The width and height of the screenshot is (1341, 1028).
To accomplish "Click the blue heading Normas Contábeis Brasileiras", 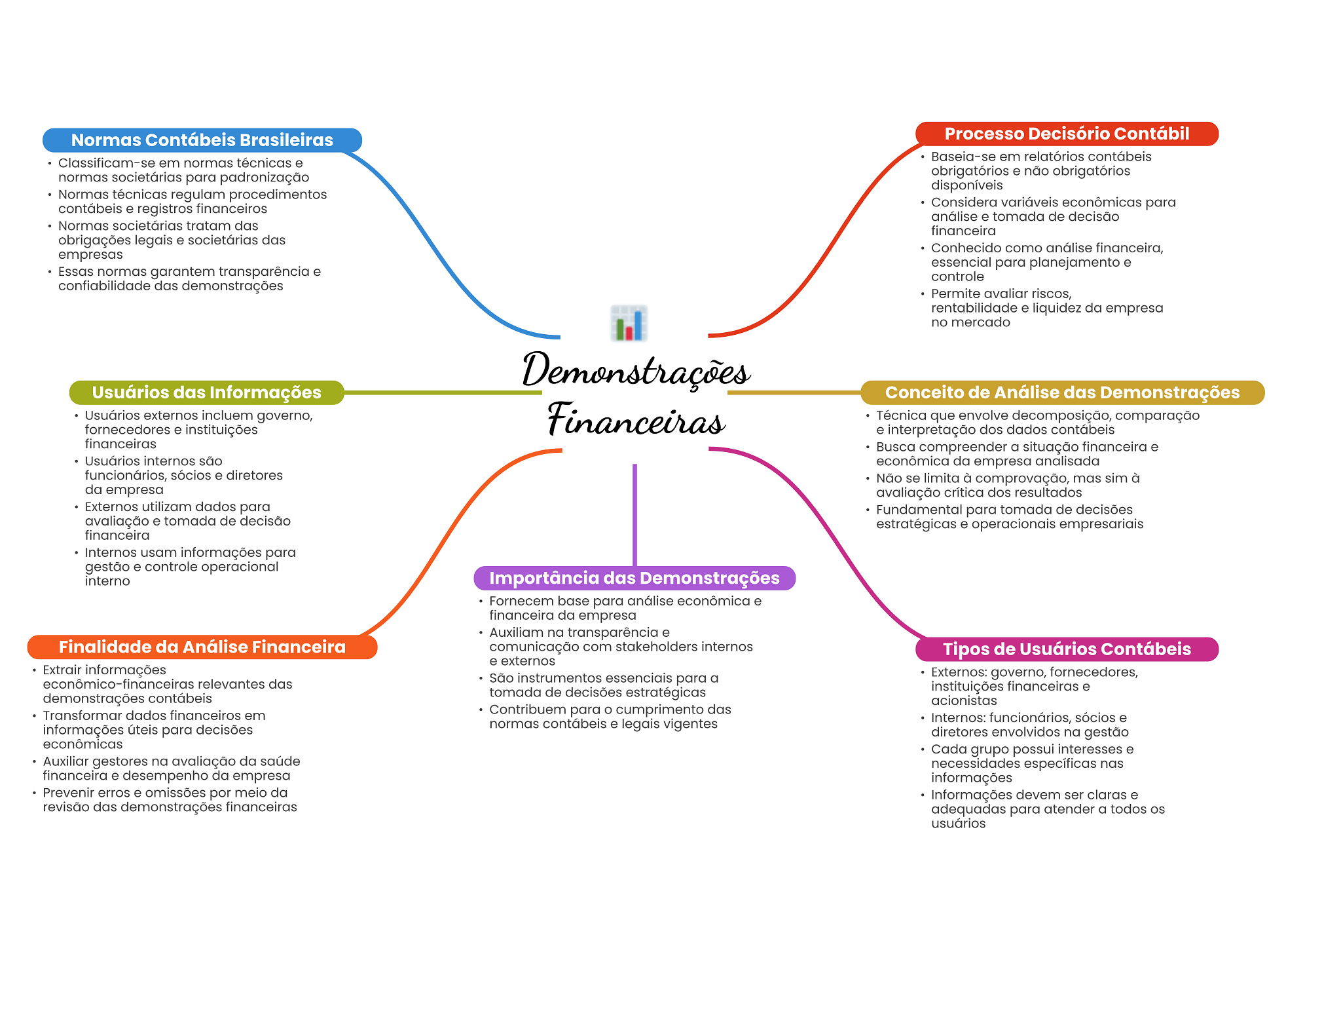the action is pos(202,140).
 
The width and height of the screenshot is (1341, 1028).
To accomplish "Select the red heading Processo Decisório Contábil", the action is pos(1067,134).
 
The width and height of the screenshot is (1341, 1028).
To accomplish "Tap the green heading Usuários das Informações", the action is pos(207,392).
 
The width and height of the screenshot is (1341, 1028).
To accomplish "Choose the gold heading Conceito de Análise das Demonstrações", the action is pos(1062,392).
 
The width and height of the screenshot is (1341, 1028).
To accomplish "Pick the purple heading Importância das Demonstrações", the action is pos(634,578).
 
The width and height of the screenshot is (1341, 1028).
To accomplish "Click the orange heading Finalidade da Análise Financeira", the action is pos(202,647).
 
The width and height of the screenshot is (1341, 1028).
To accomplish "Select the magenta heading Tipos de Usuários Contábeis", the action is pos(1067,649).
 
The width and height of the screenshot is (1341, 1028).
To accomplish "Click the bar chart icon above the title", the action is pos(629,323).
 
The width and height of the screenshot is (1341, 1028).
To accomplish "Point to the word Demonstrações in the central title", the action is pos(636,370).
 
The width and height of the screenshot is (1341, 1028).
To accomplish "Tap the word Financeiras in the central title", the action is pos(636,419).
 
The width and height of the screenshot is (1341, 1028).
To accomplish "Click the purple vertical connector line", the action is pos(634,515).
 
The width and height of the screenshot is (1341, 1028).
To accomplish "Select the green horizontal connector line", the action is pos(443,392).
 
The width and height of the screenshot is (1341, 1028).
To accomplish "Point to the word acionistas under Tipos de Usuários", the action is pos(964,700).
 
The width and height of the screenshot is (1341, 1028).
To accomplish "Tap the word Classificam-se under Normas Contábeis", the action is pos(99,162).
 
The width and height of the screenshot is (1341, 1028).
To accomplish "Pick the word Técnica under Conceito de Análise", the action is pos(900,415).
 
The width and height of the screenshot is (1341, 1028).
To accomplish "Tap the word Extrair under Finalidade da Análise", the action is pos(64,670).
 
